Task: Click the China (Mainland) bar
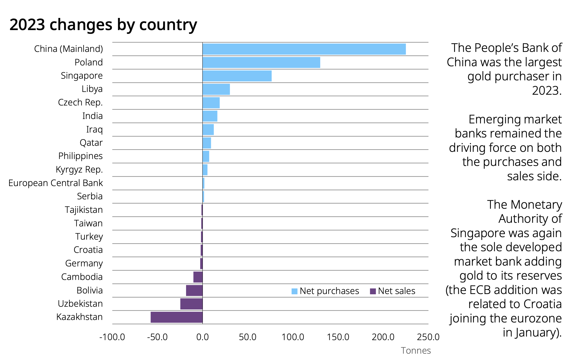coord(304,49)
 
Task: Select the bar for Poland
coord(261,62)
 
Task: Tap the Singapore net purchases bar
coord(237,76)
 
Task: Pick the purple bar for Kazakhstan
coord(177,317)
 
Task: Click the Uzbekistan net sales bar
coord(191,304)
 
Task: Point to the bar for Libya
coord(216,89)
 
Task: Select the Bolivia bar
coord(194,290)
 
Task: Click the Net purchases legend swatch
coord(294,291)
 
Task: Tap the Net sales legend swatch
coord(373,291)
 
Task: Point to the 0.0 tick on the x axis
coord(202,337)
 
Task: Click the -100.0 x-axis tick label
coord(112,337)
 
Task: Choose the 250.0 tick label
coord(428,337)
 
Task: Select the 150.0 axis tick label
coord(338,337)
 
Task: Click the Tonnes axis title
coord(416,351)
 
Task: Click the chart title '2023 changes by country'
coord(103,25)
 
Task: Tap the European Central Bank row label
coord(55,183)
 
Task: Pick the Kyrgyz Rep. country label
coord(79,170)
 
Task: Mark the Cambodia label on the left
coord(82,277)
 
